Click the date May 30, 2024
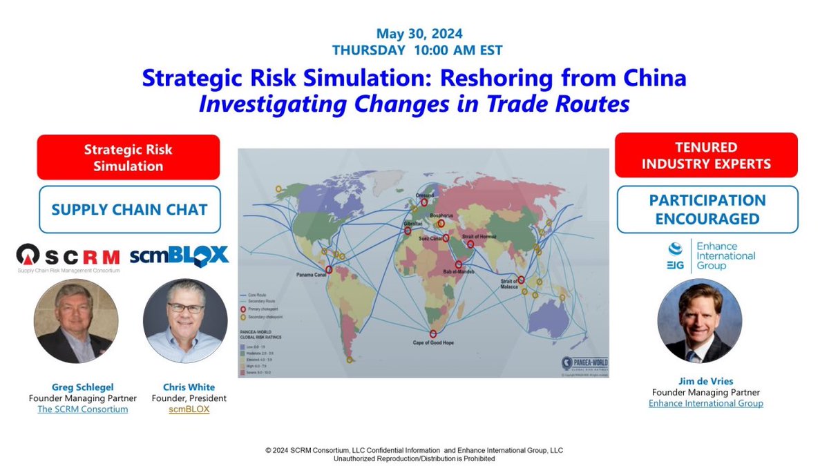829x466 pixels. coord(419,33)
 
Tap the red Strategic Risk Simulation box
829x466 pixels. coord(128,157)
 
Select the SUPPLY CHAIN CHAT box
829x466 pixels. coord(129,209)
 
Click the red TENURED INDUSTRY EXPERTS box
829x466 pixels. coord(707,156)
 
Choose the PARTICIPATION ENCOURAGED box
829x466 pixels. coord(707,209)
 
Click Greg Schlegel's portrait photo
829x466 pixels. coord(76,321)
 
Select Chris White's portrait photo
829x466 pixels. coord(184,321)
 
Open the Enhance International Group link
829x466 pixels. coord(705,403)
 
